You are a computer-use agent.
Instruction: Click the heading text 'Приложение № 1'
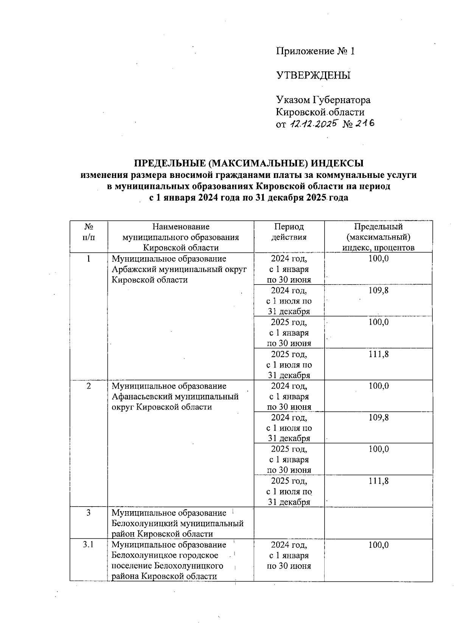coord(316,51)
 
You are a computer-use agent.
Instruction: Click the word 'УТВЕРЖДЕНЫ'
coord(314,75)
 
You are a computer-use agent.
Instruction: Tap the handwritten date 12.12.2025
coord(313,124)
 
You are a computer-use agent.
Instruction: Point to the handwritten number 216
coord(364,123)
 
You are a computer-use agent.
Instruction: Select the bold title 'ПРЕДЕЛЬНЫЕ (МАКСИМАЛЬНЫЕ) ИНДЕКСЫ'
coord(249,163)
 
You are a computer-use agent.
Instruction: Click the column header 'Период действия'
coord(289,232)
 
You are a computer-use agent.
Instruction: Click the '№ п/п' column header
coord(89,232)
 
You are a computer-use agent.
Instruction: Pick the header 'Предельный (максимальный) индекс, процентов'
coord(378,237)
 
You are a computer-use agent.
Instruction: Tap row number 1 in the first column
coord(89,259)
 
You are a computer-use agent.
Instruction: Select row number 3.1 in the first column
coord(89,545)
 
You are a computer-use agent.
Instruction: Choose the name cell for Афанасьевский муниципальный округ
coord(175,396)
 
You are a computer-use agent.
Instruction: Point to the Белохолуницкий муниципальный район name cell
coord(177,523)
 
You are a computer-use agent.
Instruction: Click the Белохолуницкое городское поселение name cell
coord(169,560)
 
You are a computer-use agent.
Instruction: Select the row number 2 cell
coord(89,386)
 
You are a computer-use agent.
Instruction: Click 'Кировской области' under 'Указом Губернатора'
coord(320,112)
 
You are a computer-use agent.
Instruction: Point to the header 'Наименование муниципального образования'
coord(180,237)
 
